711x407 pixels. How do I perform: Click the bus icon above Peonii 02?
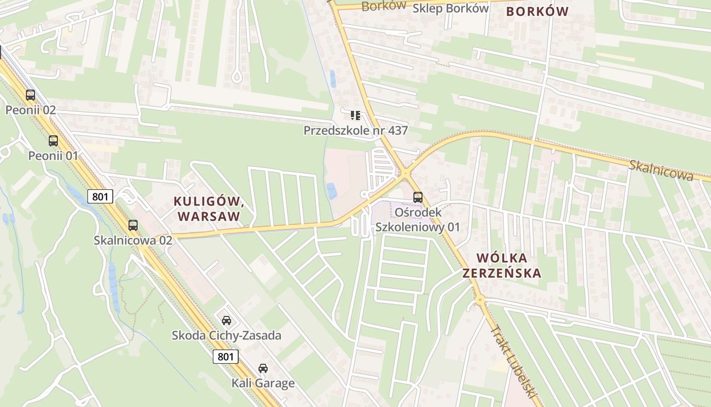(x=30, y=95)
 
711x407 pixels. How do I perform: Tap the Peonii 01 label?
(x=53, y=156)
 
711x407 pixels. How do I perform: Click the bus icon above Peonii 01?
(x=53, y=141)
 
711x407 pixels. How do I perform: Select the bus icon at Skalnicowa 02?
(x=133, y=225)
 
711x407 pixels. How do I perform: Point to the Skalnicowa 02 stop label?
(x=133, y=240)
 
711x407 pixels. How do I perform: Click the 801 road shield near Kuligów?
(x=100, y=196)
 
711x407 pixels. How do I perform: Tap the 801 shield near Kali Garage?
(x=225, y=357)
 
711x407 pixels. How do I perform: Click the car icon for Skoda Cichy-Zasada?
(x=227, y=321)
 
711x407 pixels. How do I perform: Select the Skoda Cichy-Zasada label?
(x=227, y=336)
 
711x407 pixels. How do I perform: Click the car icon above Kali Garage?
(x=263, y=368)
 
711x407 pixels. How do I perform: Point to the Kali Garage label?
(x=263, y=383)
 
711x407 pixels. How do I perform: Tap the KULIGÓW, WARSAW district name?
(x=209, y=209)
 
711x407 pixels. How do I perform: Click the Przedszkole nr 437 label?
(x=355, y=131)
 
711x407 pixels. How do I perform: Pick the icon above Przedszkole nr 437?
(x=355, y=115)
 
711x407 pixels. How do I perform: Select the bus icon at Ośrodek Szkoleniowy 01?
(x=418, y=197)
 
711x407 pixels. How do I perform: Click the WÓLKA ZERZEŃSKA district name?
(x=501, y=265)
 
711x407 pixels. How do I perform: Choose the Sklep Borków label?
(x=450, y=8)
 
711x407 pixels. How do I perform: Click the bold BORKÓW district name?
(x=537, y=11)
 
